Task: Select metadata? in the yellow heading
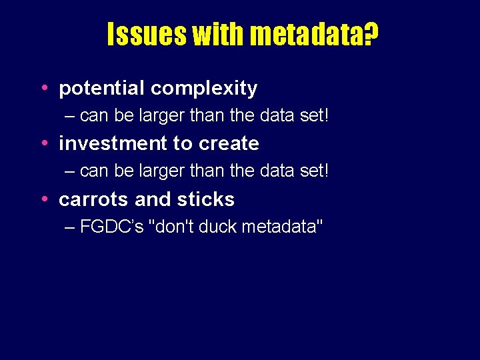(311, 34)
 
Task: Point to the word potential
(102, 89)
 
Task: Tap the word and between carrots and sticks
(151, 199)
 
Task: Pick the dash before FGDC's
(71, 227)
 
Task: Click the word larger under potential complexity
(162, 116)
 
